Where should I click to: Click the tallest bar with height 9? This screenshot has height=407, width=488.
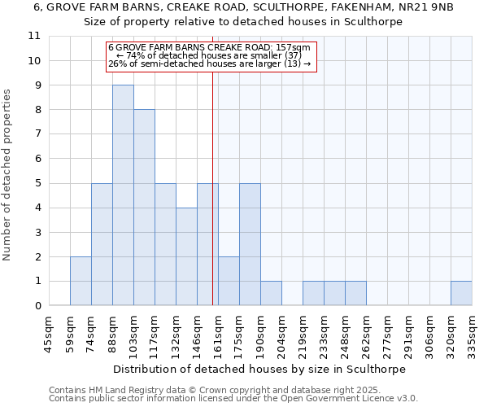pyautogui.click(x=123, y=195)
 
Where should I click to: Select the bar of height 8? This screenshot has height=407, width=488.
pyautogui.click(x=144, y=208)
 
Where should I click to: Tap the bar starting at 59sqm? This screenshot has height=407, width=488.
pyautogui.click(x=81, y=281)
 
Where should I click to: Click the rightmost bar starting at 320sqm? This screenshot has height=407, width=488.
pyautogui.click(x=461, y=293)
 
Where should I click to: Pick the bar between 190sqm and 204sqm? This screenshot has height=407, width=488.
pyautogui.click(x=271, y=293)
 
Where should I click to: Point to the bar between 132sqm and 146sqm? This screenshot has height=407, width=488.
pyautogui.click(x=186, y=256)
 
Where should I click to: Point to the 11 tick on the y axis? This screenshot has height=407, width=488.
pyautogui.click(x=34, y=36)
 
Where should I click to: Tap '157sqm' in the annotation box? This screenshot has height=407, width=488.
pyautogui.click(x=292, y=48)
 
